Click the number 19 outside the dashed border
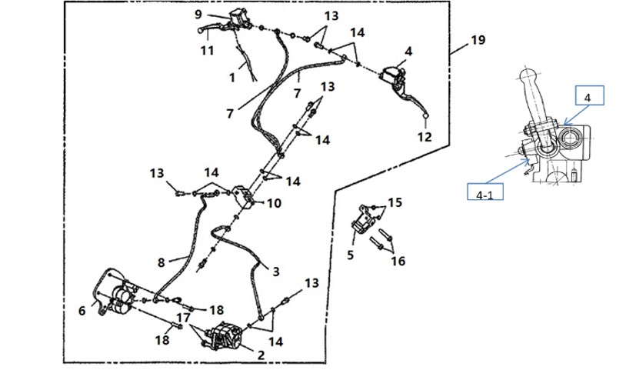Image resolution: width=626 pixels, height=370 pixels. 478,40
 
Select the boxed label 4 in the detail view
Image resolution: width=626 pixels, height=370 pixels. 589,95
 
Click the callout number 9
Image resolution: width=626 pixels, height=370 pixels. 198,15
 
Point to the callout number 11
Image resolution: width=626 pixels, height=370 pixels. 207,50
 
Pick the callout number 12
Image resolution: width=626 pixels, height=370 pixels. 425,136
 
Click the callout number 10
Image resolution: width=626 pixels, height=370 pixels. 274,203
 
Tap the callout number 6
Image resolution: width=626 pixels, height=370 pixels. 82,311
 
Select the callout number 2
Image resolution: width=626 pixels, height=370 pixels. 261,355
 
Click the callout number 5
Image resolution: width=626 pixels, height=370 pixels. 350,255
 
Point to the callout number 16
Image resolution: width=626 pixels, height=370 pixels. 398,261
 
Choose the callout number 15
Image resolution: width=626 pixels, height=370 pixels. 395,202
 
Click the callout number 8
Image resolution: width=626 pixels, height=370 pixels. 161,262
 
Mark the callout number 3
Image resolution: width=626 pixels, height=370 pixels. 276,272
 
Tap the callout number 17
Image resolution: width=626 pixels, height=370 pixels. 183,318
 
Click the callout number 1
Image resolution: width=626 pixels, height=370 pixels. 232,78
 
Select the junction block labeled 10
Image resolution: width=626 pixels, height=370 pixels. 245,196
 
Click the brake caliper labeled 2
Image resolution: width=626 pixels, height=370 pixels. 225,337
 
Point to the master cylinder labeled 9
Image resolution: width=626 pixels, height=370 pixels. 239,18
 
